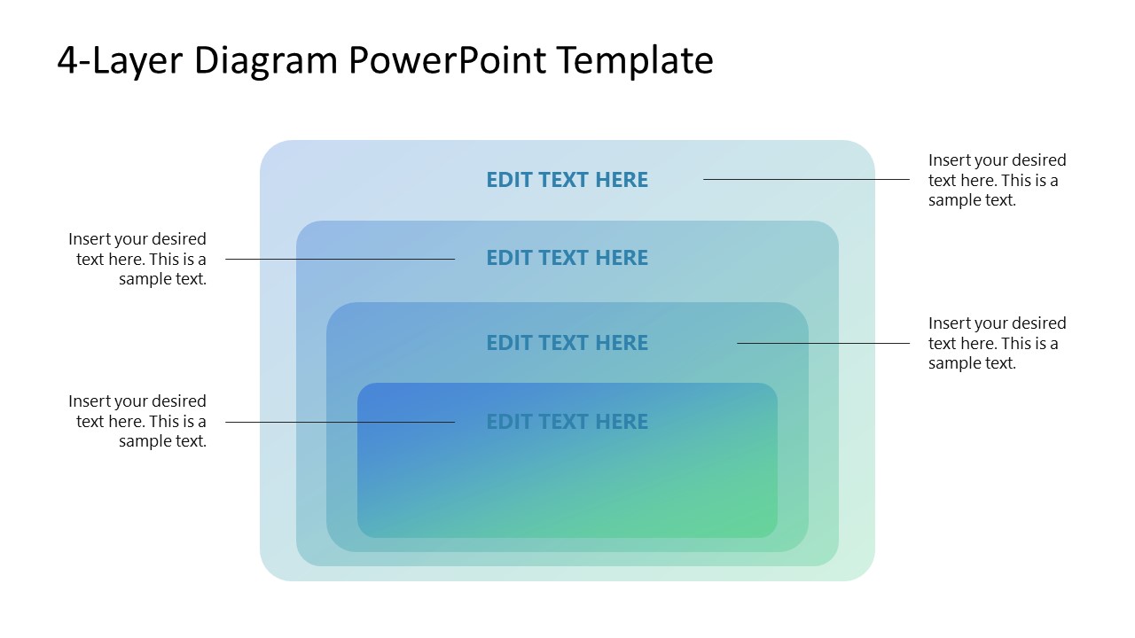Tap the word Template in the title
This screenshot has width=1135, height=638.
pyautogui.click(x=635, y=60)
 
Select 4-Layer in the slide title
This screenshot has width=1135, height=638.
pyautogui.click(x=119, y=60)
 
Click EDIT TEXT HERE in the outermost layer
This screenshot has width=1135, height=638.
pyautogui.click(x=567, y=180)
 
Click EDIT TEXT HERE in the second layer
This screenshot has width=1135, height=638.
pyautogui.click(x=567, y=258)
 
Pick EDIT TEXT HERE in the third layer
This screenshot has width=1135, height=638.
pyautogui.click(x=567, y=343)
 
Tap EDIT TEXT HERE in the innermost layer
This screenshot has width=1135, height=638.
pyautogui.click(x=567, y=422)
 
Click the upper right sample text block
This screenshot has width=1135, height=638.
pyautogui.click(x=997, y=180)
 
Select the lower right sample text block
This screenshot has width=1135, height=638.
pyautogui.click(x=997, y=343)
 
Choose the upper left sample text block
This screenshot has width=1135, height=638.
pyautogui.click(x=138, y=259)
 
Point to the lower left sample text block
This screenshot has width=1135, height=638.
pyautogui.click(x=138, y=422)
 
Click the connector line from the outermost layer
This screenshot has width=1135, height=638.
pyautogui.click(x=806, y=180)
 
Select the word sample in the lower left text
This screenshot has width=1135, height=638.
pyautogui.click(x=143, y=441)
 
